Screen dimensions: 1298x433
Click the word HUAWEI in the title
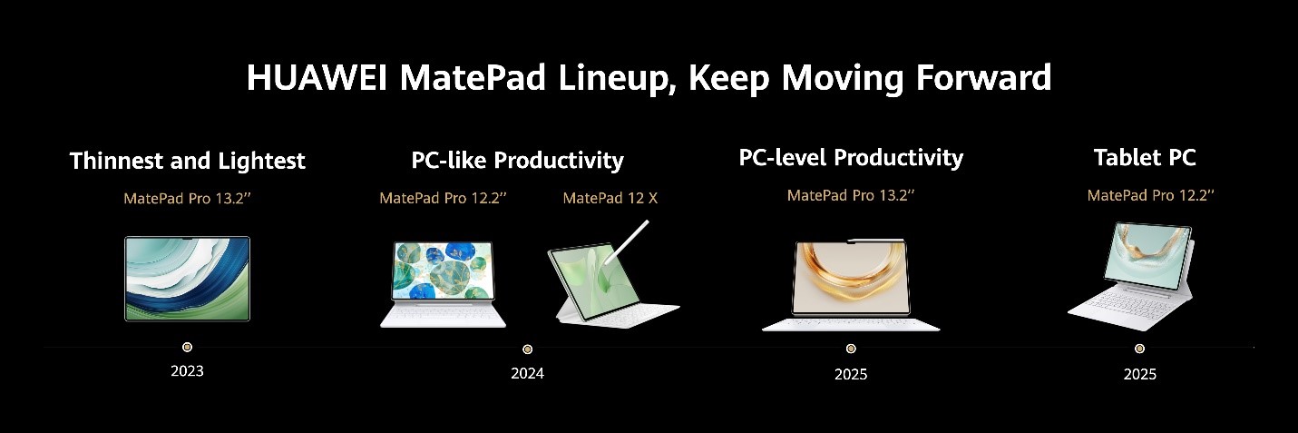(x=317, y=78)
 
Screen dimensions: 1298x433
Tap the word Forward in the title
(x=983, y=78)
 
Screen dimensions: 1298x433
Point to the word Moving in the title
(x=843, y=79)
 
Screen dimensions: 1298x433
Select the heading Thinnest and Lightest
(x=187, y=161)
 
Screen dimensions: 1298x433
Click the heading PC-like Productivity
(x=517, y=161)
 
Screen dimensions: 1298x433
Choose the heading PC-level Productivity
(x=851, y=158)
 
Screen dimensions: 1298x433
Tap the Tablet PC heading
(x=1145, y=158)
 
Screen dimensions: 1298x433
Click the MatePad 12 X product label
(x=610, y=198)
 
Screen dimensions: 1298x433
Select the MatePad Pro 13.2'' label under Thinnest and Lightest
(x=187, y=198)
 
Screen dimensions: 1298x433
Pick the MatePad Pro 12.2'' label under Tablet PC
(x=1150, y=195)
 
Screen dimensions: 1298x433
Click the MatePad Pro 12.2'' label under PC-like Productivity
(x=443, y=198)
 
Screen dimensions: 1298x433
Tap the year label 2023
(x=187, y=371)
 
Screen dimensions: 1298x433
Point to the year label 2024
(x=527, y=373)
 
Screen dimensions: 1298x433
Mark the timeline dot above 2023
(x=187, y=347)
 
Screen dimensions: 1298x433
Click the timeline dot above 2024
(x=527, y=349)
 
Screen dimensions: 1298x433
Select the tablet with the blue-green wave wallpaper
(x=187, y=279)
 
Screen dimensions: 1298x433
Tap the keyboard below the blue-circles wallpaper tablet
(x=443, y=315)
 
